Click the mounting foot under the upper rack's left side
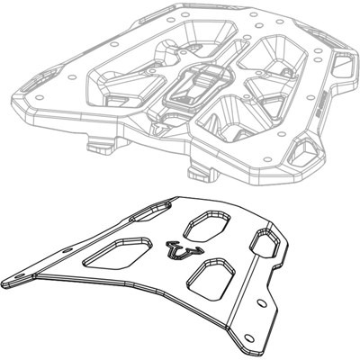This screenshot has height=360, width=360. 98,141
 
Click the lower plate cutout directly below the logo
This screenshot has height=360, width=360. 213,274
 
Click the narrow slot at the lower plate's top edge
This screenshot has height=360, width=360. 143,217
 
